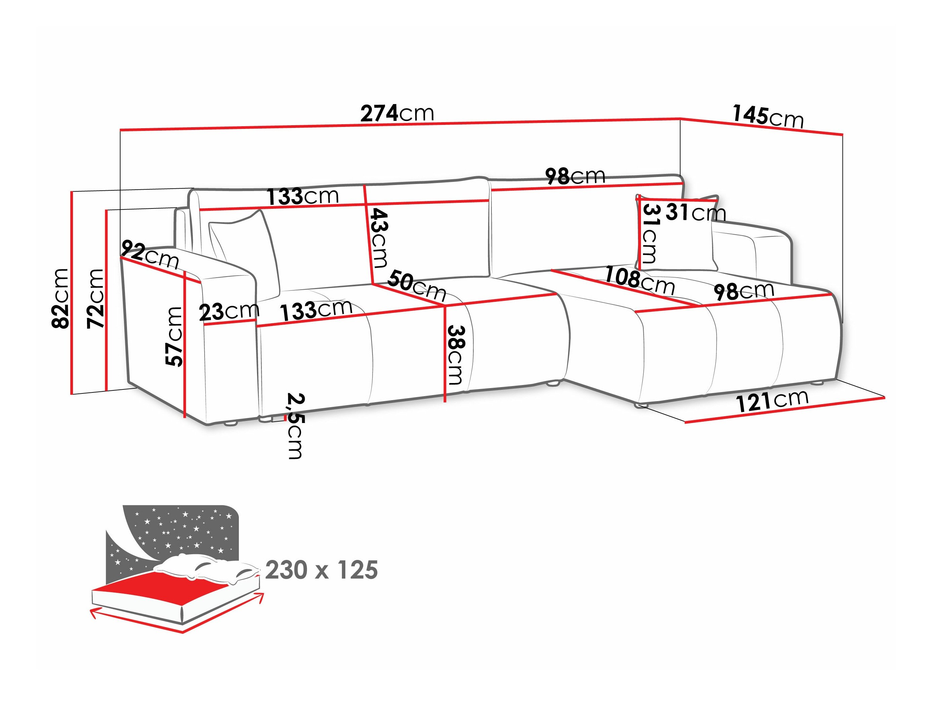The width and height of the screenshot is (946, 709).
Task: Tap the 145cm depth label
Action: click(768, 116)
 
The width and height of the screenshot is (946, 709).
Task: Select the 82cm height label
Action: click(60, 299)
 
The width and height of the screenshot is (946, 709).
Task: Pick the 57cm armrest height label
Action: click(174, 337)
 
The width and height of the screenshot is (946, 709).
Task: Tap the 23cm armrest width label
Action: click(229, 312)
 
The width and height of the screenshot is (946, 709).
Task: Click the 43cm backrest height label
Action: click(379, 238)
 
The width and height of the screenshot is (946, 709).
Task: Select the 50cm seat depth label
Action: click(417, 285)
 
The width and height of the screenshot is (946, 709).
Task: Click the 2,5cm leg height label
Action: click(295, 425)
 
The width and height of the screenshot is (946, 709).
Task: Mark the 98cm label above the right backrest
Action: click(575, 176)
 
